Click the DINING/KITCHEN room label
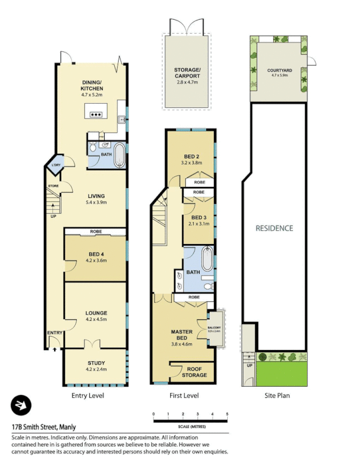point(92,85)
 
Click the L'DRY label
point(57,166)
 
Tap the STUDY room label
point(96,363)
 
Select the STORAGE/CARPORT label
point(187,73)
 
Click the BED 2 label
point(192,156)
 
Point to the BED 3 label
point(199,217)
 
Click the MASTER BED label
point(181,335)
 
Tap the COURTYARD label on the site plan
point(278,70)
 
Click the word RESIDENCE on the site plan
point(274,228)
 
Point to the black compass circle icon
point(22,405)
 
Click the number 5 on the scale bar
point(227,414)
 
